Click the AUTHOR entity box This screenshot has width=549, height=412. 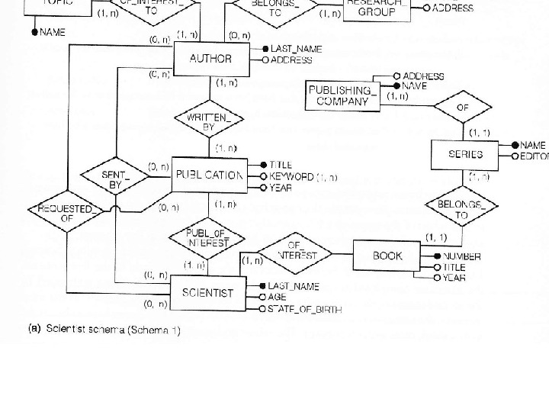(x=210, y=59)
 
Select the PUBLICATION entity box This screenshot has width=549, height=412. (x=210, y=175)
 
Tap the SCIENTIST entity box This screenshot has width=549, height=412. (x=207, y=292)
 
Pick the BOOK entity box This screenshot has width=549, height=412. (x=387, y=256)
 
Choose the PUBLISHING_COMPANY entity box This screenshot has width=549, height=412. (x=342, y=95)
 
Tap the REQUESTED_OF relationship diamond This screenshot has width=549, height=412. (x=68, y=213)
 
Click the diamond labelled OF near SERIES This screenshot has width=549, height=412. (x=462, y=108)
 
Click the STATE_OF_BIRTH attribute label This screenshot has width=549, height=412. (x=304, y=310)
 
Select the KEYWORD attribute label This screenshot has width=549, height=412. (x=291, y=176)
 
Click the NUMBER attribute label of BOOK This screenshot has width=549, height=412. (x=462, y=257)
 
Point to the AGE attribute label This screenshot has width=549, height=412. (x=277, y=298)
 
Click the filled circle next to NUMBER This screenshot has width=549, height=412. (x=438, y=256)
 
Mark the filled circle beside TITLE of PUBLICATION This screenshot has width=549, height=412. (x=263, y=165)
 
